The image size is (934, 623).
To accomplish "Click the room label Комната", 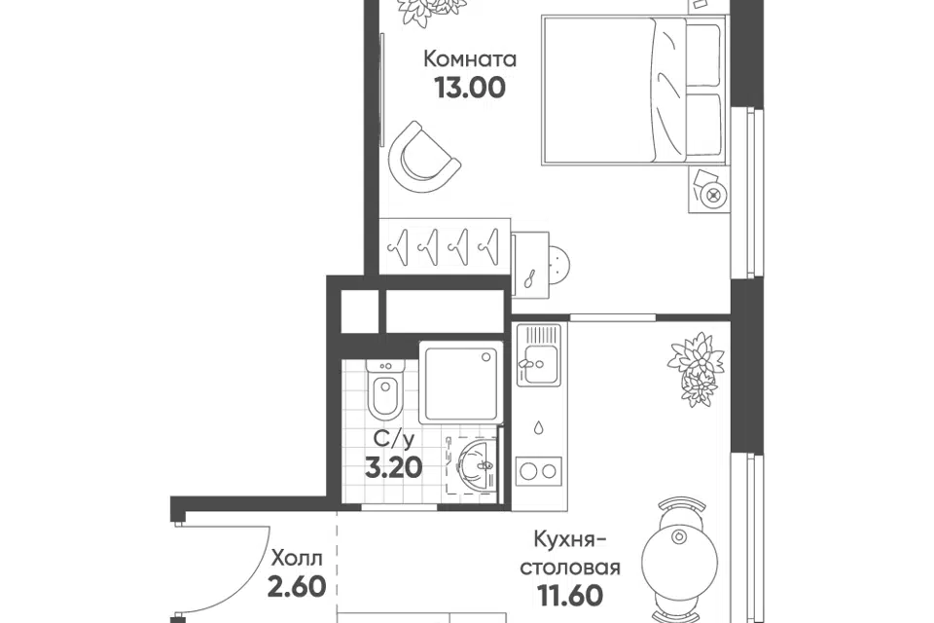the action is [470, 59].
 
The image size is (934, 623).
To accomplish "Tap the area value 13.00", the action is [470, 88].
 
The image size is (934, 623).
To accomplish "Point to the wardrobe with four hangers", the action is [446, 245].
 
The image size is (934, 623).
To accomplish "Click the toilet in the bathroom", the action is [385, 389].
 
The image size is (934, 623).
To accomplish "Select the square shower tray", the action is [461, 383].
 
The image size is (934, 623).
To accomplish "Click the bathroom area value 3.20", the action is [394, 467].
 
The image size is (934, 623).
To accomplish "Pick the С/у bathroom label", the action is [393, 439].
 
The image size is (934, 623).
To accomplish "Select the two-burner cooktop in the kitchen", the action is [539, 471].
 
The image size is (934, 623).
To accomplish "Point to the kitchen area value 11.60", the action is [570, 595].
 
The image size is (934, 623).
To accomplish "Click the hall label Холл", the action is [297, 559].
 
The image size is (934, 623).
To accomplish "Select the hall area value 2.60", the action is [297, 587].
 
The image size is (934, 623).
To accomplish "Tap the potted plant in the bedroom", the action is [433, 12].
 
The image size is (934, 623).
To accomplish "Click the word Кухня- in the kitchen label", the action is [570, 540].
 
